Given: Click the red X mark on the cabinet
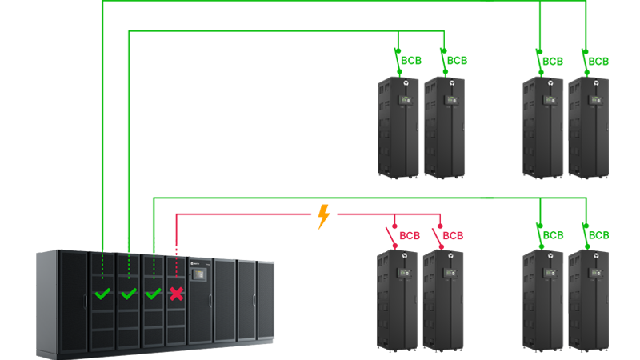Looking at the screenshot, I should [x=176, y=294].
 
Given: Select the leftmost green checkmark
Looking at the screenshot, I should [x=102, y=294].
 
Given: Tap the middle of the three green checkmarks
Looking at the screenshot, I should [x=128, y=294].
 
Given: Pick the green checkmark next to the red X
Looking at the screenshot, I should [x=153, y=294].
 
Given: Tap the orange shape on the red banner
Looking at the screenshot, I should [x=326, y=222].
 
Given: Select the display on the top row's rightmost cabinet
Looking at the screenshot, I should [x=594, y=100].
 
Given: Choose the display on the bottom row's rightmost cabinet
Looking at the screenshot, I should [x=594, y=274].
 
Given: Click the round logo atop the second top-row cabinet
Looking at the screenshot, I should [x=452, y=82].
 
